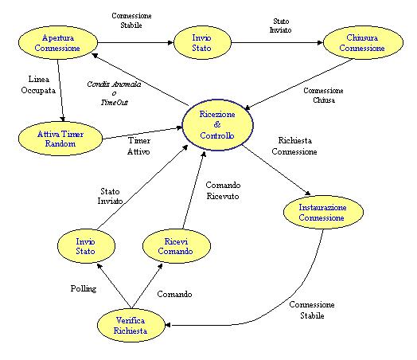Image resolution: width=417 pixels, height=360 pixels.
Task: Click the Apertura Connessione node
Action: click(x=58, y=43)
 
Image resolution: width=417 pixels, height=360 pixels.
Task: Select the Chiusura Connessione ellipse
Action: click(x=363, y=42)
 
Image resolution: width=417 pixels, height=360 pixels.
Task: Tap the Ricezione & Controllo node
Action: click(x=217, y=125)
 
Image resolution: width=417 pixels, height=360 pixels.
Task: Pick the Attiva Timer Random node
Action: click(x=60, y=139)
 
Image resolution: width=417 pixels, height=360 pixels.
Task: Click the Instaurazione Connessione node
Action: click(x=323, y=212)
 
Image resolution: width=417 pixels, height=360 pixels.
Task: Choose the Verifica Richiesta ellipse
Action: click(x=131, y=326)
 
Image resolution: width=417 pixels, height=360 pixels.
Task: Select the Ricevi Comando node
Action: click(x=177, y=246)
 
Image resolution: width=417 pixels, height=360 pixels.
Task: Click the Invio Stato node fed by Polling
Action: click(x=86, y=246)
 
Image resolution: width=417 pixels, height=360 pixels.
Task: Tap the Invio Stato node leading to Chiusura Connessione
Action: click(x=202, y=42)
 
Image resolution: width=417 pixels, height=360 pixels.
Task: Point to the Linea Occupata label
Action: click(x=38, y=84)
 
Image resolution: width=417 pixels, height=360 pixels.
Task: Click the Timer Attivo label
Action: click(x=138, y=146)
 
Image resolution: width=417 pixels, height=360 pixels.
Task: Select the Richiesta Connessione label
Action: click(x=294, y=146)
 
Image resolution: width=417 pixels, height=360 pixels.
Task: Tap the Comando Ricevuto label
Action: click(x=223, y=190)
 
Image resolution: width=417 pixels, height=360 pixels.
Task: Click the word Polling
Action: click(x=84, y=288)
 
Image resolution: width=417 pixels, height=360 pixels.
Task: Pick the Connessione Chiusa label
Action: click(x=323, y=96)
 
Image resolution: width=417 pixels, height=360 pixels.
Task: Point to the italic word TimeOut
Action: click(x=115, y=102)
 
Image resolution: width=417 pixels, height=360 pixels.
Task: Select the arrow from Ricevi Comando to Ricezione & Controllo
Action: click(x=193, y=190)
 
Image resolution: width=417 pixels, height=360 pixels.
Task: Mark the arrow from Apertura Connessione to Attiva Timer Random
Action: click(x=60, y=91)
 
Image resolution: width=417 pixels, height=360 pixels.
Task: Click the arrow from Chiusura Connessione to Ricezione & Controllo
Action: click(x=299, y=84)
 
